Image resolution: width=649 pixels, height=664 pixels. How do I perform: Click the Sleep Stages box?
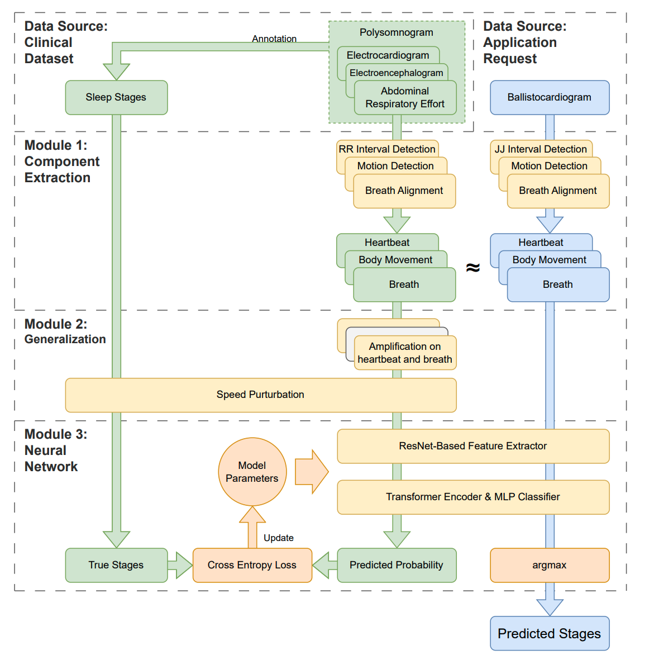pos(116,97)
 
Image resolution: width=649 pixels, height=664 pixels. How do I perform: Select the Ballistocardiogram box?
pos(549,97)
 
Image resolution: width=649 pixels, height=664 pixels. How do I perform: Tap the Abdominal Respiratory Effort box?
pos(405,98)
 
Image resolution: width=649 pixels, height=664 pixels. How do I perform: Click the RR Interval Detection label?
pos(386,149)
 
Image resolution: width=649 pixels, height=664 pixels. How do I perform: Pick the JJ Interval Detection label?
pos(541,149)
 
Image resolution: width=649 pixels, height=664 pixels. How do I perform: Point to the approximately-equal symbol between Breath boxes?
pos(473,268)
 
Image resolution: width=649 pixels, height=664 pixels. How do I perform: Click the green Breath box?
pos(404,284)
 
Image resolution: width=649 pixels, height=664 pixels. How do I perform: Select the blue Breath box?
pos(557,284)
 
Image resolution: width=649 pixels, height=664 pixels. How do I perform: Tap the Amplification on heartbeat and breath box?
pos(405,353)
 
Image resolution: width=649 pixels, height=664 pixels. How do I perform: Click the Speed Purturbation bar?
pos(260,395)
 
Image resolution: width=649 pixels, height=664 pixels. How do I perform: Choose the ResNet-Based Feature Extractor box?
pos(473,446)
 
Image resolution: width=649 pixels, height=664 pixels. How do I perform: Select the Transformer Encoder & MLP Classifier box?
pos(473,497)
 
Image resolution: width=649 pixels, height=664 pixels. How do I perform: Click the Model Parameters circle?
pos(252,472)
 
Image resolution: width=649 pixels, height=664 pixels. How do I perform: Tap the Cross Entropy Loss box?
pos(252,565)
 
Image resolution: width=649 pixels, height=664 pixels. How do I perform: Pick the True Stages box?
pos(116,565)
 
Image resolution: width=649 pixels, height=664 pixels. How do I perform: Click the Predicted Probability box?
pos(396,565)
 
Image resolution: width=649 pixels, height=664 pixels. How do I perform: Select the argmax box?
pos(549,565)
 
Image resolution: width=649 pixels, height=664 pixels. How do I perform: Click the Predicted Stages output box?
pos(549,633)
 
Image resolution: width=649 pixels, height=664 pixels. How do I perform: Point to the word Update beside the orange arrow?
pos(278,538)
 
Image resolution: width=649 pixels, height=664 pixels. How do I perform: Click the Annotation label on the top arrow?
pos(274,39)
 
